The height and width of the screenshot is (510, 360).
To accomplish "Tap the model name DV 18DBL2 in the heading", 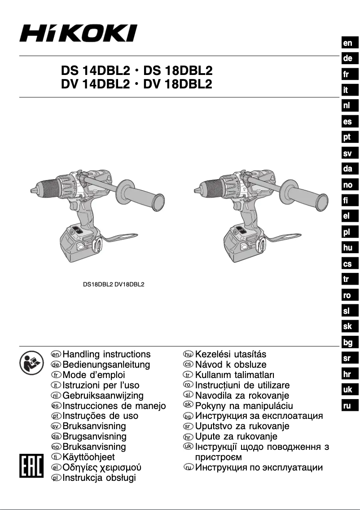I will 178,84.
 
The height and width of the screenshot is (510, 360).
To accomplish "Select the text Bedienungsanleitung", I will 106,365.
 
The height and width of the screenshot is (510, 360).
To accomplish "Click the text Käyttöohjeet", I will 89,457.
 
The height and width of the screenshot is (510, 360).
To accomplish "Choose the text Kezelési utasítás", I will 231,354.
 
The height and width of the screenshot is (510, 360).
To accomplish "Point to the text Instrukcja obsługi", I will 99,478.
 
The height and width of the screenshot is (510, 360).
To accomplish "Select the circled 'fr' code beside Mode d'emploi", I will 56,375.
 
